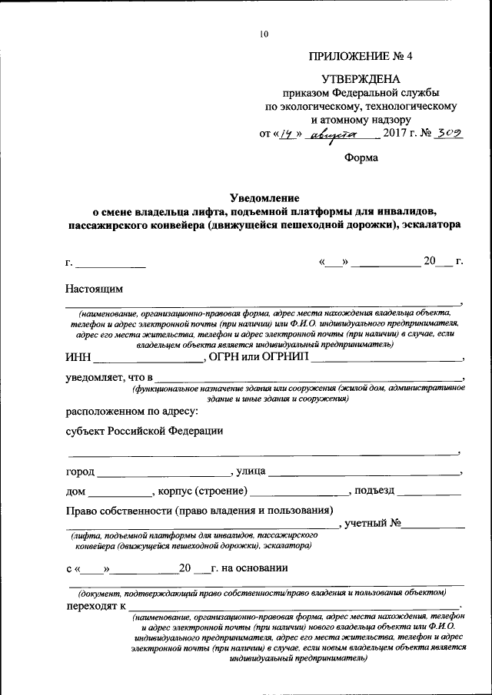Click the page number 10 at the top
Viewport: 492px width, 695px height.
coord(264,33)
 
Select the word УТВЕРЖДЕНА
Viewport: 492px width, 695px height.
coord(361,78)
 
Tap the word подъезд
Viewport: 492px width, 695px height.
coord(376,491)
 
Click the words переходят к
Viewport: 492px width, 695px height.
coord(96,606)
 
